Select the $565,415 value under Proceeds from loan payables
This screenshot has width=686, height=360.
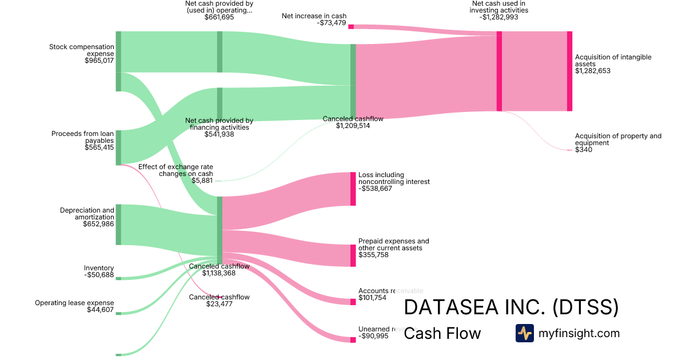coord(99,147)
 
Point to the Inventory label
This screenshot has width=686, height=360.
coord(99,268)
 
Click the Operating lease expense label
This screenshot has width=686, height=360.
coord(74,303)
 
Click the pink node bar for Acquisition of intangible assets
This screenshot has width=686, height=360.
coord(569,71)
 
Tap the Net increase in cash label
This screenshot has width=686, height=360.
coord(314,16)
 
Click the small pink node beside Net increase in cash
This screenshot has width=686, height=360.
coord(351,27)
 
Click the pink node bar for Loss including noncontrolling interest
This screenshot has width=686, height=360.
coord(353,189)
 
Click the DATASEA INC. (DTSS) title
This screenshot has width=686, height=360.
coord(511,307)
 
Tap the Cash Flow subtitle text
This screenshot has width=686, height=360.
coord(442,334)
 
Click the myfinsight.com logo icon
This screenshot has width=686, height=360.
coord(524,333)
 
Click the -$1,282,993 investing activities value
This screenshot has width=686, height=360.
coord(500,17)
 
